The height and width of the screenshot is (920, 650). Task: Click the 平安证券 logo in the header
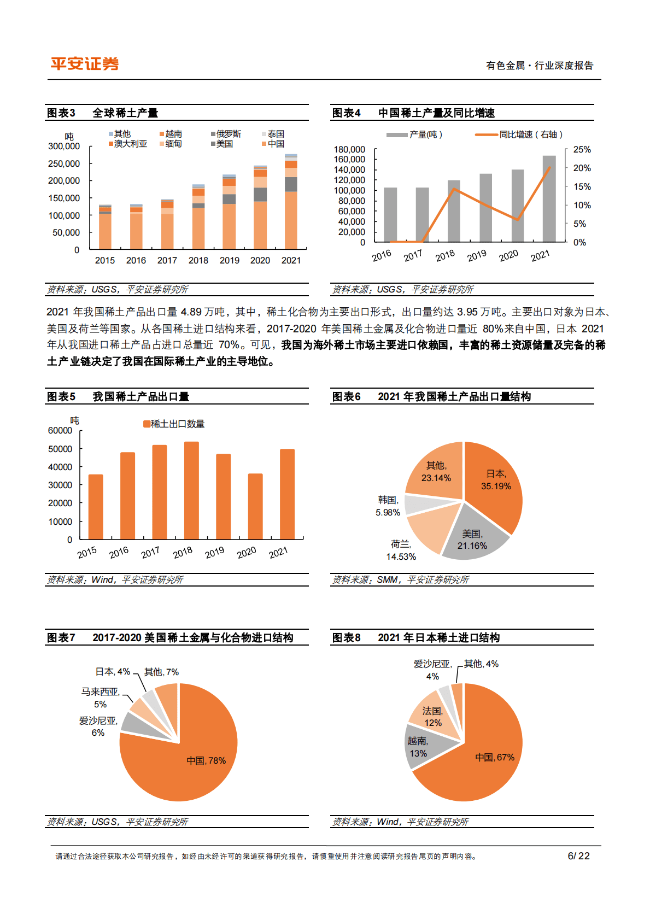coord(85,64)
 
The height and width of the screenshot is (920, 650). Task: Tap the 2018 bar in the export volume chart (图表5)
coord(191,490)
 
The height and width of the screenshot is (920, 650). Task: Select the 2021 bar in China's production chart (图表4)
coord(549,198)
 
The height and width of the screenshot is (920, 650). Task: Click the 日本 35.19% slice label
coord(496,480)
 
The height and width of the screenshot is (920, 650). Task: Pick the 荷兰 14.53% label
coord(401,550)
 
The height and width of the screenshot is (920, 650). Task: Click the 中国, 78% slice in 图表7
coord(206,760)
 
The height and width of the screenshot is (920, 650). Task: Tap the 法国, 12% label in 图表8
coord(432,717)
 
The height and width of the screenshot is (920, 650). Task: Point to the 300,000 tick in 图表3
coord(64,147)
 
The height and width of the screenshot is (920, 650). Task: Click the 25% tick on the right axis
coord(582,150)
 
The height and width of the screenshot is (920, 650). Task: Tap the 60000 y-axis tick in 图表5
coord(60,431)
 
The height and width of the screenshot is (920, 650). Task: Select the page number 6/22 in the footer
coord(578,856)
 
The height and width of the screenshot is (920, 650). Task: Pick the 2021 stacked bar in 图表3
coord(291,202)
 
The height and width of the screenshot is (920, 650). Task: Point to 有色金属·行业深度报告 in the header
coord(540,66)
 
